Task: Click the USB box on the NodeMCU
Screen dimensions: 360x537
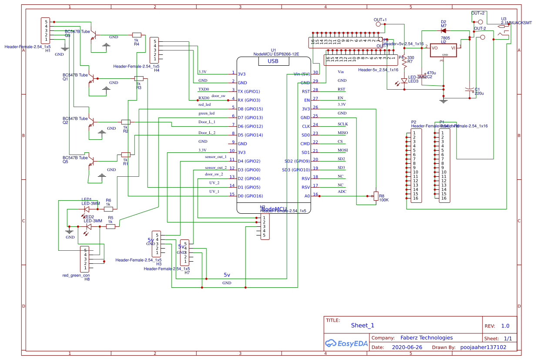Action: (x=273, y=61)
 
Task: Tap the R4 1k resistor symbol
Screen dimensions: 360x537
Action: (x=137, y=35)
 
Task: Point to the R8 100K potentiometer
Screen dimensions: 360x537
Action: (x=376, y=196)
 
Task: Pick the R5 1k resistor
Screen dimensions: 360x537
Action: (x=111, y=226)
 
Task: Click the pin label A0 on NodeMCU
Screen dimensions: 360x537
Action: (x=307, y=196)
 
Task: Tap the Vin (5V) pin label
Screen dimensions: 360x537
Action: (x=302, y=74)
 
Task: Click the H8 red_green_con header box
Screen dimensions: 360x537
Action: (x=86, y=259)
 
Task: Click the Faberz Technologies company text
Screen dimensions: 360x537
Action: (x=426, y=338)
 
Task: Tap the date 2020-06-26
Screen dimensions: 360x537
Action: (x=407, y=347)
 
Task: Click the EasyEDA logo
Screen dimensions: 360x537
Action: (x=346, y=343)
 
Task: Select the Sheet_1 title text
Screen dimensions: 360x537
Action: (x=362, y=325)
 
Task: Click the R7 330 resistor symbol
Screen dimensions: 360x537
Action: (x=404, y=62)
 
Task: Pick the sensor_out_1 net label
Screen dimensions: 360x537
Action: (x=216, y=156)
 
